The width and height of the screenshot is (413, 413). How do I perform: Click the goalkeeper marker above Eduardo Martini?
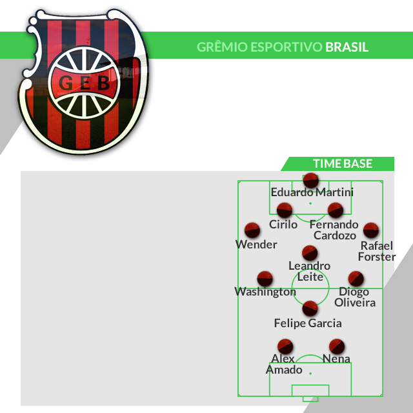tap(311, 180)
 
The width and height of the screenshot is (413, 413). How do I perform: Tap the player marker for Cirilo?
tap(285, 210)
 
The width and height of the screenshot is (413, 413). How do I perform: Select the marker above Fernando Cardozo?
tap(335, 210)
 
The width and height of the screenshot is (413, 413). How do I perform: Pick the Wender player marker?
tap(252, 230)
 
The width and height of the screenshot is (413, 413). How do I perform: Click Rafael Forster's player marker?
tap(370, 230)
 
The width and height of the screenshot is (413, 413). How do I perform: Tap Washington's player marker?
tap(265, 279)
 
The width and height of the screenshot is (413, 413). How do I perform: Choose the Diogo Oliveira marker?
tap(356, 279)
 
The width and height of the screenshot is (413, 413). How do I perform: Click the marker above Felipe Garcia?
tap(310, 308)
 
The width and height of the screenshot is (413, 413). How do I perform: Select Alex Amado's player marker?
tap(285, 346)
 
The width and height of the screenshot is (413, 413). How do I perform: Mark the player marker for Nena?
tap(336, 346)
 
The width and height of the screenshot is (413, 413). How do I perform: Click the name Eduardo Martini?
tap(312, 192)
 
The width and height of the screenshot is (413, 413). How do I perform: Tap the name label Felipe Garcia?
tap(308, 323)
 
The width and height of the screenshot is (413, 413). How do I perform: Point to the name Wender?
tap(256, 245)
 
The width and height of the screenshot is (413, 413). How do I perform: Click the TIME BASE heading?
tap(343, 164)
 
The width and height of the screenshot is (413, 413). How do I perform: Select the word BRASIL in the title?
tap(347, 47)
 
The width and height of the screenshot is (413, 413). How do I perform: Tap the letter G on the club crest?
tap(65, 84)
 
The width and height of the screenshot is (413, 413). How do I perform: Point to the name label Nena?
tap(336, 359)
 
